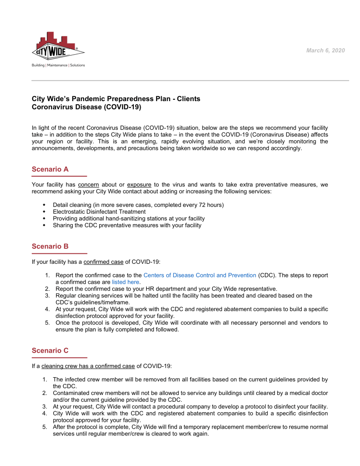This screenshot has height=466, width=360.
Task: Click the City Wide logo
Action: [x=58, y=46]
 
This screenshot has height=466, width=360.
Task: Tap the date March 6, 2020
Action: [x=325, y=51]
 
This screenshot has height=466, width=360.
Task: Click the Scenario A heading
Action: [x=50, y=169]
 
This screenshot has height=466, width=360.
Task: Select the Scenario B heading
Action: [x=50, y=246]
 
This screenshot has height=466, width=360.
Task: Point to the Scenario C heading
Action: [x=50, y=351]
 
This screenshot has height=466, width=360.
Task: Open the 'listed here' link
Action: [x=126, y=282]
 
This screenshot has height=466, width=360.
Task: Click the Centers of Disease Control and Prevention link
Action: [x=199, y=275]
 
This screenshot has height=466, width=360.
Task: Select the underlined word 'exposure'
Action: [x=139, y=185]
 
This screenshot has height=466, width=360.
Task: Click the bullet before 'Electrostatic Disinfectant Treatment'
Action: [x=44, y=212]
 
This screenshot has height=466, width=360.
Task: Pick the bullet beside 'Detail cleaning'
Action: [x=44, y=205]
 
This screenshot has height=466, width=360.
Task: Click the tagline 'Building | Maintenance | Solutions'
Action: [x=58, y=66]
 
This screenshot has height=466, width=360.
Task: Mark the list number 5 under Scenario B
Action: [x=47, y=323]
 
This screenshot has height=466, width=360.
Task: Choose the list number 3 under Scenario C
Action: [x=45, y=406]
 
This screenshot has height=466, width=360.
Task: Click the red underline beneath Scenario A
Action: [x=59, y=176]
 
